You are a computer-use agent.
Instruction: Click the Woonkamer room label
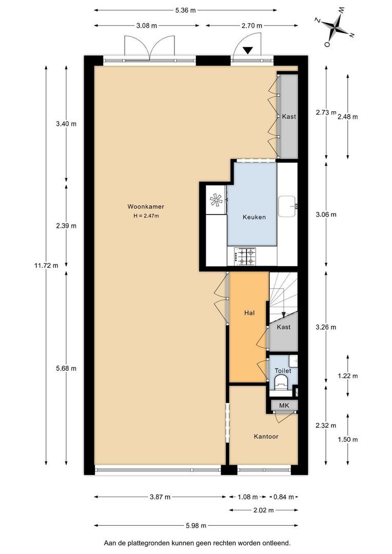[x=146, y=207]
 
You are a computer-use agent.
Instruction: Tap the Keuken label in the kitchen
[x=254, y=217]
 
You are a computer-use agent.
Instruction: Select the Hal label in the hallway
[x=249, y=313]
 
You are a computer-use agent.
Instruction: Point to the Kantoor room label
[x=266, y=437]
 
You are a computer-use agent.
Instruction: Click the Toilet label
[x=283, y=371]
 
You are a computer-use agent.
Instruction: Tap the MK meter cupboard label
[x=284, y=405]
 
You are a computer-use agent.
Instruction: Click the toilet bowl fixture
[x=281, y=382]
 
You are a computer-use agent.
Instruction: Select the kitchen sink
[x=288, y=206]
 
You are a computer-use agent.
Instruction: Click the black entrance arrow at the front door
[x=248, y=50]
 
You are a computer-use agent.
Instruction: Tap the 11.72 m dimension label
[x=46, y=265]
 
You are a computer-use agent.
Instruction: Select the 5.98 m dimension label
[x=196, y=525]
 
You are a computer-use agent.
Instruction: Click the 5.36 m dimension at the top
[x=185, y=10]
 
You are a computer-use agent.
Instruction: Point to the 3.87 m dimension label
[x=160, y=497]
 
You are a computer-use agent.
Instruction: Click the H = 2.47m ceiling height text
[x=146, y=216]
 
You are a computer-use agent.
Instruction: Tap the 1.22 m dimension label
[x=348, y=376]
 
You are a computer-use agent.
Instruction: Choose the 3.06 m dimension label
[x=326, y=214]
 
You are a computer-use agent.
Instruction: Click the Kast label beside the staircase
[x=284, y=327]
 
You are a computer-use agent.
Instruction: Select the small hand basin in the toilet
[x=293, y=361]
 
